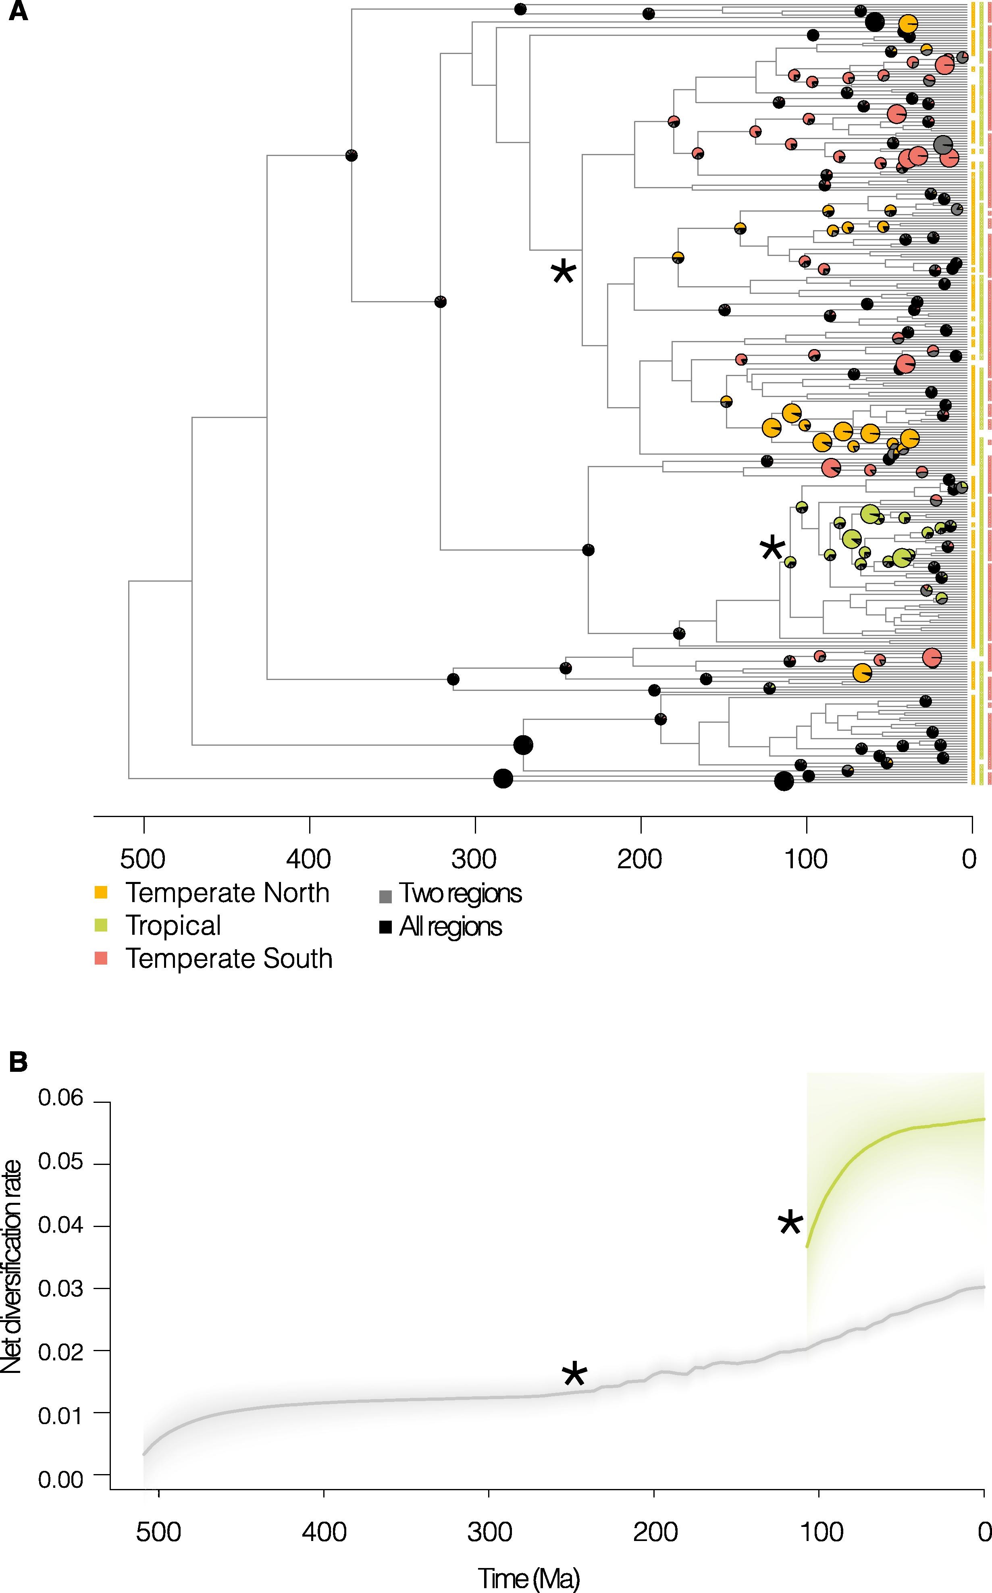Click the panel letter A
point(18,11)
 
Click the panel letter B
point(18,1062)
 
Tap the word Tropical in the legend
point(173,925)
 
